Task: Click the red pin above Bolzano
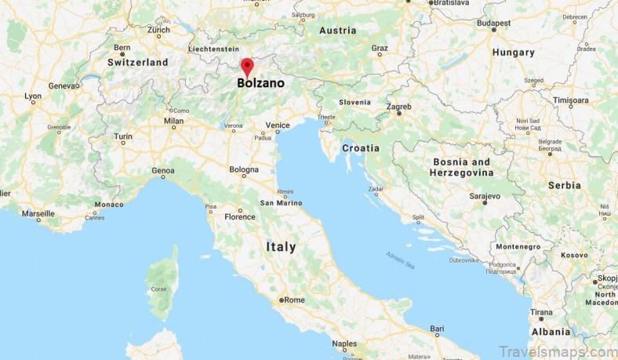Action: [247, 66]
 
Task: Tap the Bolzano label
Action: [261, 82]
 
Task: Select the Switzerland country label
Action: [138, 62]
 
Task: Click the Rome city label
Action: [294, 300]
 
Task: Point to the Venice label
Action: [278, 125]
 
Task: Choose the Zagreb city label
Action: [399, 105]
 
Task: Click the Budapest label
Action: [493, 24]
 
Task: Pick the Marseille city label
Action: [38, 213]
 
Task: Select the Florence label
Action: [240, 216]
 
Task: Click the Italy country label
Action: [281, 246]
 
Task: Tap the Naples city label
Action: [344, 343]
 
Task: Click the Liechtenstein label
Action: [213, 49]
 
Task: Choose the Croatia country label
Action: [361, 147]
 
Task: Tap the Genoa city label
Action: [163, 170]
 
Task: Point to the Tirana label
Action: [540, 311]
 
